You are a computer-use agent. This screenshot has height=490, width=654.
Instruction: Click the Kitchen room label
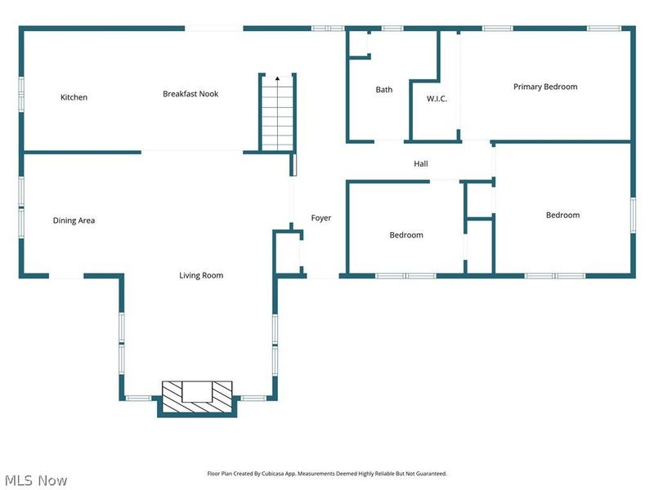pyautogui.click(x=74, y=97)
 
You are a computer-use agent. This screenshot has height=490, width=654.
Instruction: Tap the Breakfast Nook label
pyautogui.click(x=190, y=94)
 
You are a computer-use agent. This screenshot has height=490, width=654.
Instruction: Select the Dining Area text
pyautogui.click(x=74, y=220)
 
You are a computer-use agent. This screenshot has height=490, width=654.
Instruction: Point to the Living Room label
pyautogui.click(x=201, y=275)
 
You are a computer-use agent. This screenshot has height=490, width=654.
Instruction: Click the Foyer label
pyautogui.click(x=321, y=218)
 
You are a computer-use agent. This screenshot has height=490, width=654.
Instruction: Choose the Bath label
pyautogui.click(x=384, y=90)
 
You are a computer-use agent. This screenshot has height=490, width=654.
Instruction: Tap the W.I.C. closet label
pyautogui.click(x=437, y=99)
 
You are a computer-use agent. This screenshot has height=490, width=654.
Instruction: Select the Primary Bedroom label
pyautogui.click(x=545, y=87)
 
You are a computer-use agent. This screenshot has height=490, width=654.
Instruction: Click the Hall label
pyautogui.click(x=421, y=164)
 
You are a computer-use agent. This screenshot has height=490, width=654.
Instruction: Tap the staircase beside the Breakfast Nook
pyautogui.click(x=277, y=114)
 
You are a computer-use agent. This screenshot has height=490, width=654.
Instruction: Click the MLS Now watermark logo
pyautogui.click(x=37, y=480)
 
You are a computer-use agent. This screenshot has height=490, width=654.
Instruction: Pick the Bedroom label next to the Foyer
pyautogui.click(x=406, y=235)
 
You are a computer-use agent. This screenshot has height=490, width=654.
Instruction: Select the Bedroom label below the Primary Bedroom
pyautogui.click(x=562, y=216)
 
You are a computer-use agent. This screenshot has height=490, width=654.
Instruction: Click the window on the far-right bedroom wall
pyautogui.click(x=633, y=215)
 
